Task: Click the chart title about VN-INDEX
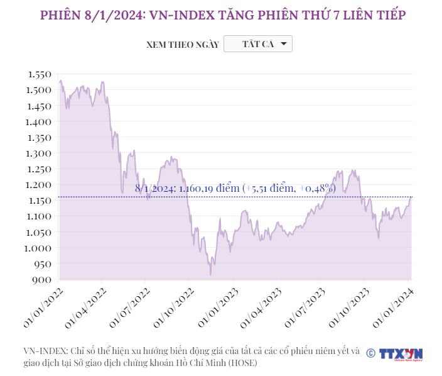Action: point(221,15)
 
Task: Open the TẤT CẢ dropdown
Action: point(258,44)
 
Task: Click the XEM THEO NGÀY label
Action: point(182,45)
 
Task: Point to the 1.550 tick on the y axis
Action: point(39,74)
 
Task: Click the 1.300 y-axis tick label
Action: point(39,153)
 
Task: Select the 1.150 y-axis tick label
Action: point(39,201)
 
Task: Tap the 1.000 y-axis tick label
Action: point(39,248)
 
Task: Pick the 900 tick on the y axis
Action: point(43,280)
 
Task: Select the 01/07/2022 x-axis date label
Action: point(130,307)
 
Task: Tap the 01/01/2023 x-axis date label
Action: point(218,307)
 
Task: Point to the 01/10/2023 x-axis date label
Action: point(350,307)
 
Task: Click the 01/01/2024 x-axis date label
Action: point(394,307)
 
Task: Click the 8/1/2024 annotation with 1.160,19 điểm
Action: point(235,188)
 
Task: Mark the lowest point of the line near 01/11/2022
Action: point(210,275)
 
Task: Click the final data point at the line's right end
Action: point(411,197)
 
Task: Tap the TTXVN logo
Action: point(401,354)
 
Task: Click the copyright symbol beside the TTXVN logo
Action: point(370,353)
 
